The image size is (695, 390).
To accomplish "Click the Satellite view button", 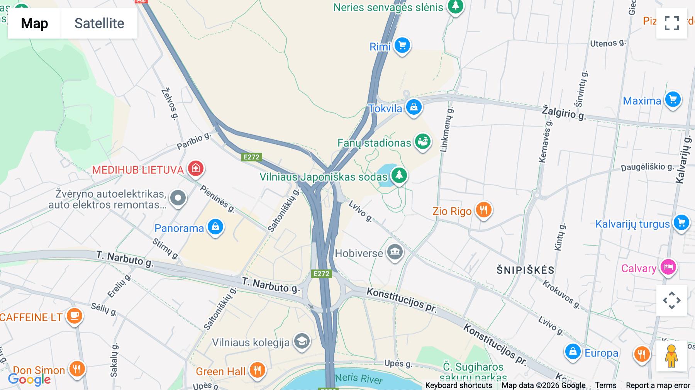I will (x=99, y=23).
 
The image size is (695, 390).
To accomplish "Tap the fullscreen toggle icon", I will (x=671, y=23).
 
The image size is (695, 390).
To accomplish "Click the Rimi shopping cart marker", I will (x=402, y=46).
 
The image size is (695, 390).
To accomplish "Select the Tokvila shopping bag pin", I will (x=414, y=107).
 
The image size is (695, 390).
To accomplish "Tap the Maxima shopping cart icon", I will (x=673, y=100).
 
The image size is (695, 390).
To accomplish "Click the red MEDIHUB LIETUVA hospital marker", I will (x=196, y=168).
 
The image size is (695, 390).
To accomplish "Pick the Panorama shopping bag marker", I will (x=215, y=227).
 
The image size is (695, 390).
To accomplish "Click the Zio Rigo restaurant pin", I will (x=483, y=210).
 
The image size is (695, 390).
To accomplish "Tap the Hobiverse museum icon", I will (x=395, y=252).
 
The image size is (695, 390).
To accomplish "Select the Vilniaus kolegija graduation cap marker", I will (x=302, y=341).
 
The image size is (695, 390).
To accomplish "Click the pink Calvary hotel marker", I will (x=668, y=267).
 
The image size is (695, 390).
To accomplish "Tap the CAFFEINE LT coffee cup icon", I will (x=75, y=315).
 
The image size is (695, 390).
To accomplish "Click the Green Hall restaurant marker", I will (x=257, y=370).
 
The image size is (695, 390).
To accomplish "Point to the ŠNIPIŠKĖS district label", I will (x=525, y=270).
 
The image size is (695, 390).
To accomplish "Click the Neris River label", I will (x=359, y=378).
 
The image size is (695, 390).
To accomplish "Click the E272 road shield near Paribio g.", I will (x=252, y=157).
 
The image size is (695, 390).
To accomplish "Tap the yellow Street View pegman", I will (x=671, y=356).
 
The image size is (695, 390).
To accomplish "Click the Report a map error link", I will (x=658, y=385).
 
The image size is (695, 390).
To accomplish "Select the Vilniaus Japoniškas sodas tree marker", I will (x=399, y=175).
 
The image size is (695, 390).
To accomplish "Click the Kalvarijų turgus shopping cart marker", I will (x=681, y=223).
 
